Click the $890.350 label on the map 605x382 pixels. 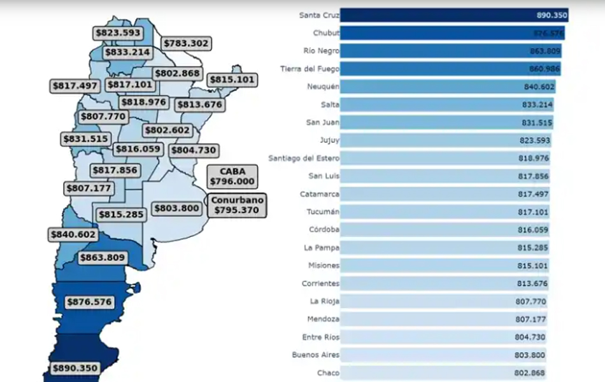tap(75, 368)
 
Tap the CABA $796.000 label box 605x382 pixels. tap(232, 176)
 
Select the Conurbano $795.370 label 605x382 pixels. tap(237, 204)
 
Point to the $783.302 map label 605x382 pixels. tap(186, 43)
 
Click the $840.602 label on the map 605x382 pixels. tap(73, 234)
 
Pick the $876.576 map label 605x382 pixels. tap(89, 302)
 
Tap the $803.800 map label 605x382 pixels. tap(176, 208)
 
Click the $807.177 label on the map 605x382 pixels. tap(89, 188)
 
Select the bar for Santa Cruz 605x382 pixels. tap(453, 15)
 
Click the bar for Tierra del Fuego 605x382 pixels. tap(450, 69)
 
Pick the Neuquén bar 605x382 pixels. tap(447, 87)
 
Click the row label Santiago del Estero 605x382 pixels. tap(304, 158)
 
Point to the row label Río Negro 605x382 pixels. tap(322, 50)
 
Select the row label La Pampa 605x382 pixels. tap(324, 248)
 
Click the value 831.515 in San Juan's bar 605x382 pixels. tap(534, 122)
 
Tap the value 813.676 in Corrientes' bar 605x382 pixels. tap(530, 283)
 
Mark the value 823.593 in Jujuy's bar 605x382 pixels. tap(533, 140)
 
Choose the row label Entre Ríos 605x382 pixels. tap(321, 337)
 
